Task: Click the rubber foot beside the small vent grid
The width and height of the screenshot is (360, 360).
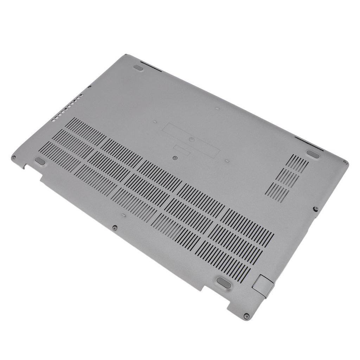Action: click(312, 153)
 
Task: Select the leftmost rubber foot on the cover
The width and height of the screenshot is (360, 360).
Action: click(40, 161)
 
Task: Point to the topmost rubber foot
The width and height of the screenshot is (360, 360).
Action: click(139, 67)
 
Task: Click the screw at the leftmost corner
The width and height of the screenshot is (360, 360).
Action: click(13, 157)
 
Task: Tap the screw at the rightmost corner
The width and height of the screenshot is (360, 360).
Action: click(346, 162)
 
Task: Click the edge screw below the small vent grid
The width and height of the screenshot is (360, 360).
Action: click(315, 209)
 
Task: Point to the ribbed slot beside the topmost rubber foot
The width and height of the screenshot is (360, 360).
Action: click(151, 67)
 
